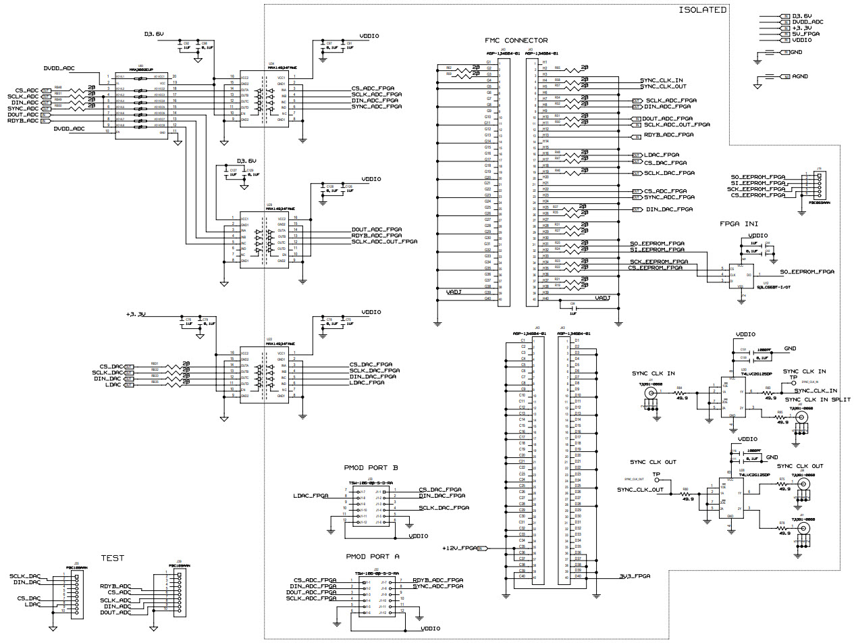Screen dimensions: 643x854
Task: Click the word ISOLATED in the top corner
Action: coord(702,9)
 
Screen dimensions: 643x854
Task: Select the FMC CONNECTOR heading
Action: coord(516,41)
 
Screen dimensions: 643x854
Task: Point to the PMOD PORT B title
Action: coord(371,466)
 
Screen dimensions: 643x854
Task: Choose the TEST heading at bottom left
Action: coord(112,558)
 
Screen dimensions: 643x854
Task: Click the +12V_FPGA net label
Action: coord(460,548)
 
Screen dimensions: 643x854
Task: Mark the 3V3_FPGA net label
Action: coord(635,576)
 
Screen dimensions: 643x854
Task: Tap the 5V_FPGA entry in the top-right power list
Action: coord(805,34)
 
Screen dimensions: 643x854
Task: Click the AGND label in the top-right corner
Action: coord(799,77)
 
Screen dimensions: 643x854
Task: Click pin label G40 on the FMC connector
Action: coord(487,299)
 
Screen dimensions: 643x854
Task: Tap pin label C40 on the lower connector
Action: coord(522,576)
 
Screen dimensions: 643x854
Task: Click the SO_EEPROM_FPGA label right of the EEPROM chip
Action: coord(807,272)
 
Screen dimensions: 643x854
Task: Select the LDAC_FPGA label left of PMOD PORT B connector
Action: coord(311,496)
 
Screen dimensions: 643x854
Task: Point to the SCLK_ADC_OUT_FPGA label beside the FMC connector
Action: coord(676,124)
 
